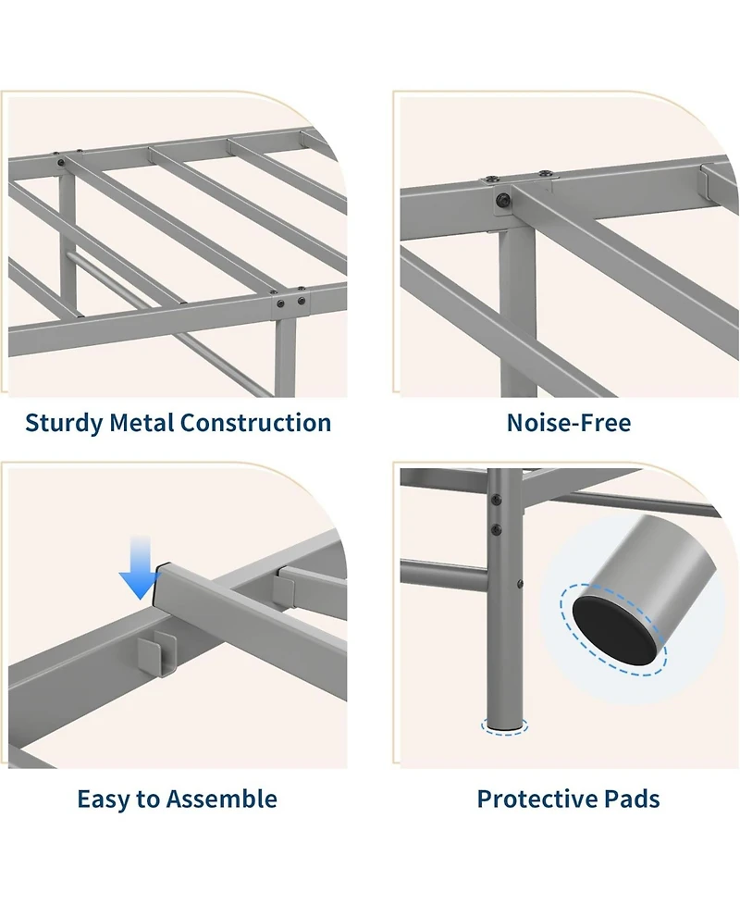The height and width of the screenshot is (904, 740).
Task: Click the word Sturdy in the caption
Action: [64, 424]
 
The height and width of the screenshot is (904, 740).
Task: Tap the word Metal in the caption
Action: [142, 423]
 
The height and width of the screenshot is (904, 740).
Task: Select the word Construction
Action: [256, 423]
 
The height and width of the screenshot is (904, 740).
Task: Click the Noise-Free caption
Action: [569, 423]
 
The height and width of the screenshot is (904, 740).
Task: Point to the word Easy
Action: [104, 799]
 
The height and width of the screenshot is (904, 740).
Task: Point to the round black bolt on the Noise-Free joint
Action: [503, 200]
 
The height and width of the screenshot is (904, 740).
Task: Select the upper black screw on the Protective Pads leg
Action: [496, 501]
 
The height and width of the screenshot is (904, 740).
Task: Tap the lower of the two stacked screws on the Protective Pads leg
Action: [496, 528]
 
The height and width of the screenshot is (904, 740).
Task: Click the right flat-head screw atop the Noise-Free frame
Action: [544, 173]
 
